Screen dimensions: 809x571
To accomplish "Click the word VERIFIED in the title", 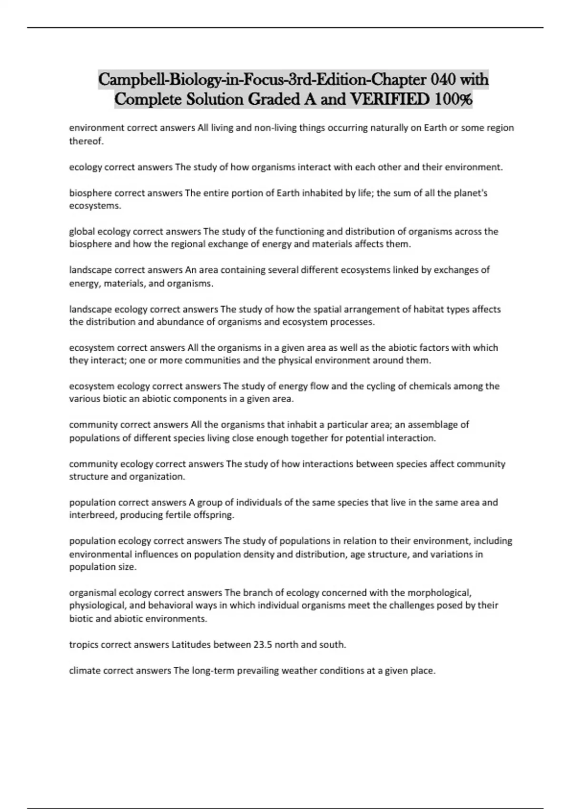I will [x=389, y=99].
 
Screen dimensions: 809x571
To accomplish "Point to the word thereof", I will [x=86, y=141].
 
